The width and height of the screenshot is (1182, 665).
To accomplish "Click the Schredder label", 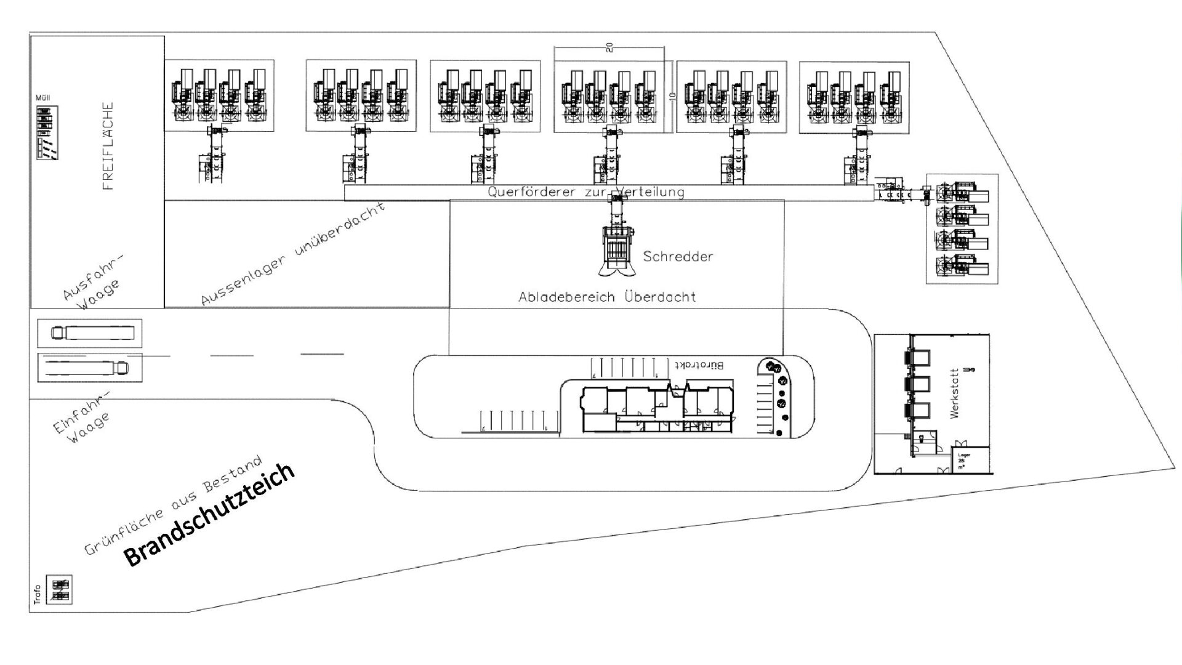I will pyautogui.click(x=678, y=256).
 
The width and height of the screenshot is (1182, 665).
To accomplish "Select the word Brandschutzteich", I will pyautogui.click(x=209, y=515).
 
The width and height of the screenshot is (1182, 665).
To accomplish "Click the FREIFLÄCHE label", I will pyautogui.click(x=108, y=146).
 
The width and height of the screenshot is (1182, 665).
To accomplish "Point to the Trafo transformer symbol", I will pyautogui.click(x=61, y=589).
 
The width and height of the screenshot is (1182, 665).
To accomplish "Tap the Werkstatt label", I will pyautogui.click(x=955, y=393).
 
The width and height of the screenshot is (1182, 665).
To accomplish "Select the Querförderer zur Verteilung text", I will pyautogui.click(x=585, y=192).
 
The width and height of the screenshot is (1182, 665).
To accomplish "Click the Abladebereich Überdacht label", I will pyautogui.click(x=607, y=297).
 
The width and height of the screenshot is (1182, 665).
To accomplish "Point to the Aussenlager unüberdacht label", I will pyautogui.click(x=294, y=253).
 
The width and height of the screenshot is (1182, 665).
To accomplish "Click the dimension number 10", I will pyautogui.click(x=672, y=96).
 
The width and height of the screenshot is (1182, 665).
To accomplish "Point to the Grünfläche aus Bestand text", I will pyautogui.click(x=174, y=505).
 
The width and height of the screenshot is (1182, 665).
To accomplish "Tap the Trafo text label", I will pyautogui.click(x=37, y=594).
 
